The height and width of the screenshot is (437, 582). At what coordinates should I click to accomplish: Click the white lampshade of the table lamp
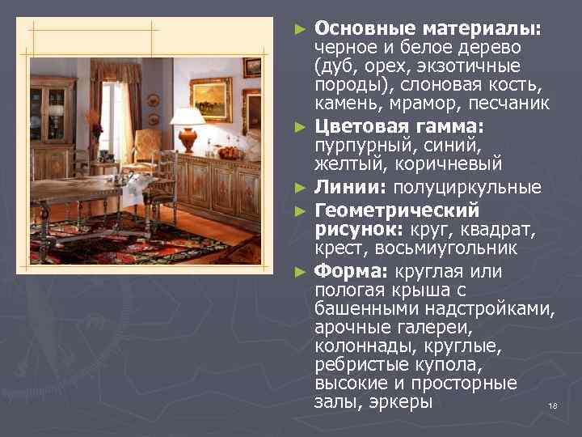(188, 116)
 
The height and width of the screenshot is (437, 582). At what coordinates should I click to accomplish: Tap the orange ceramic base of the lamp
(188, 139)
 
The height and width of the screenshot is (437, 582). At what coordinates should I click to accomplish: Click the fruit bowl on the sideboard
(230, 151)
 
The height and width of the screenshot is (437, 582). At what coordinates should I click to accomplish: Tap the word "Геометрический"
(395, 210)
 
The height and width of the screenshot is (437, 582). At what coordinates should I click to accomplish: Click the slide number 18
(553, 405)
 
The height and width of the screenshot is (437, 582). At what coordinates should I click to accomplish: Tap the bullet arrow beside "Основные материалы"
(300, 28)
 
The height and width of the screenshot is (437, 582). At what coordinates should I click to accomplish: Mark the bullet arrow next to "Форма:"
(300, 272)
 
